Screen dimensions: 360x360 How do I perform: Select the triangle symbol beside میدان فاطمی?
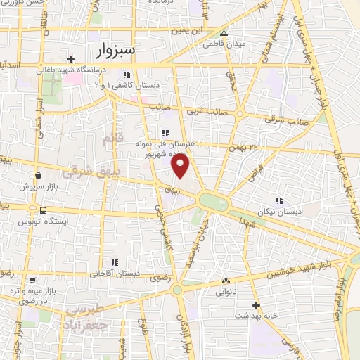click(x=224, y=33)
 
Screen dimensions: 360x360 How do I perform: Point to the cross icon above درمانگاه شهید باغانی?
click(x=70, y=59)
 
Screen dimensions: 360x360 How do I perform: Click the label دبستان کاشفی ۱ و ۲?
click(x=127, y=85)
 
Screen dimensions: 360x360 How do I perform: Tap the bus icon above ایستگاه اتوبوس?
click(x=44, y=210)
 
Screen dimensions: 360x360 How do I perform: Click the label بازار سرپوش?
click(x=37, y=186)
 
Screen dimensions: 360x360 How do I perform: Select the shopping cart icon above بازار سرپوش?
click(x=37, y=176)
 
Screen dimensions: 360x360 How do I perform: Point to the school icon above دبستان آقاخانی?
click(x=115, y=262)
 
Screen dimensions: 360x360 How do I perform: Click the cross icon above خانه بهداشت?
click(x=256, y=305)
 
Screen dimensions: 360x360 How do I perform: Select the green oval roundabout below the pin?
click(x=213, y=202)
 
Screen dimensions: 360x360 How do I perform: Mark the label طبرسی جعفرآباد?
click(x=94, y=316)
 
